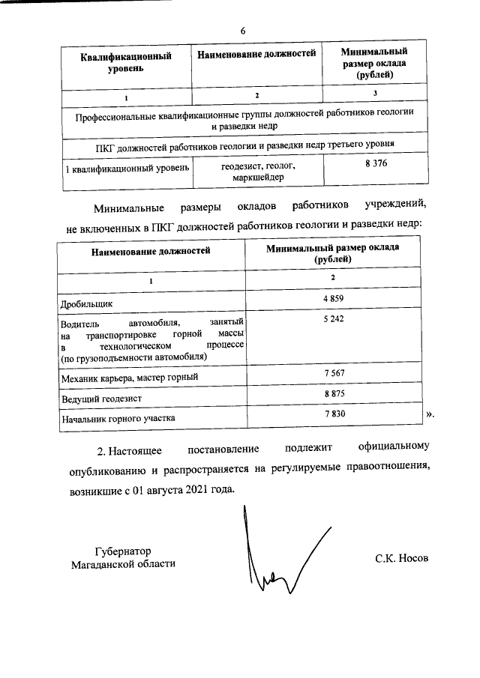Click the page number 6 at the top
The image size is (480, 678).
(242, 31)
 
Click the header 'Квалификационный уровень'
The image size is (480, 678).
(126, 63)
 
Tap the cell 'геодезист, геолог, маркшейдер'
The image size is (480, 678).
(258, 172)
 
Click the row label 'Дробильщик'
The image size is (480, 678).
(86, 304)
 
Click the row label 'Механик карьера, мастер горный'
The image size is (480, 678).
(128, 378)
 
